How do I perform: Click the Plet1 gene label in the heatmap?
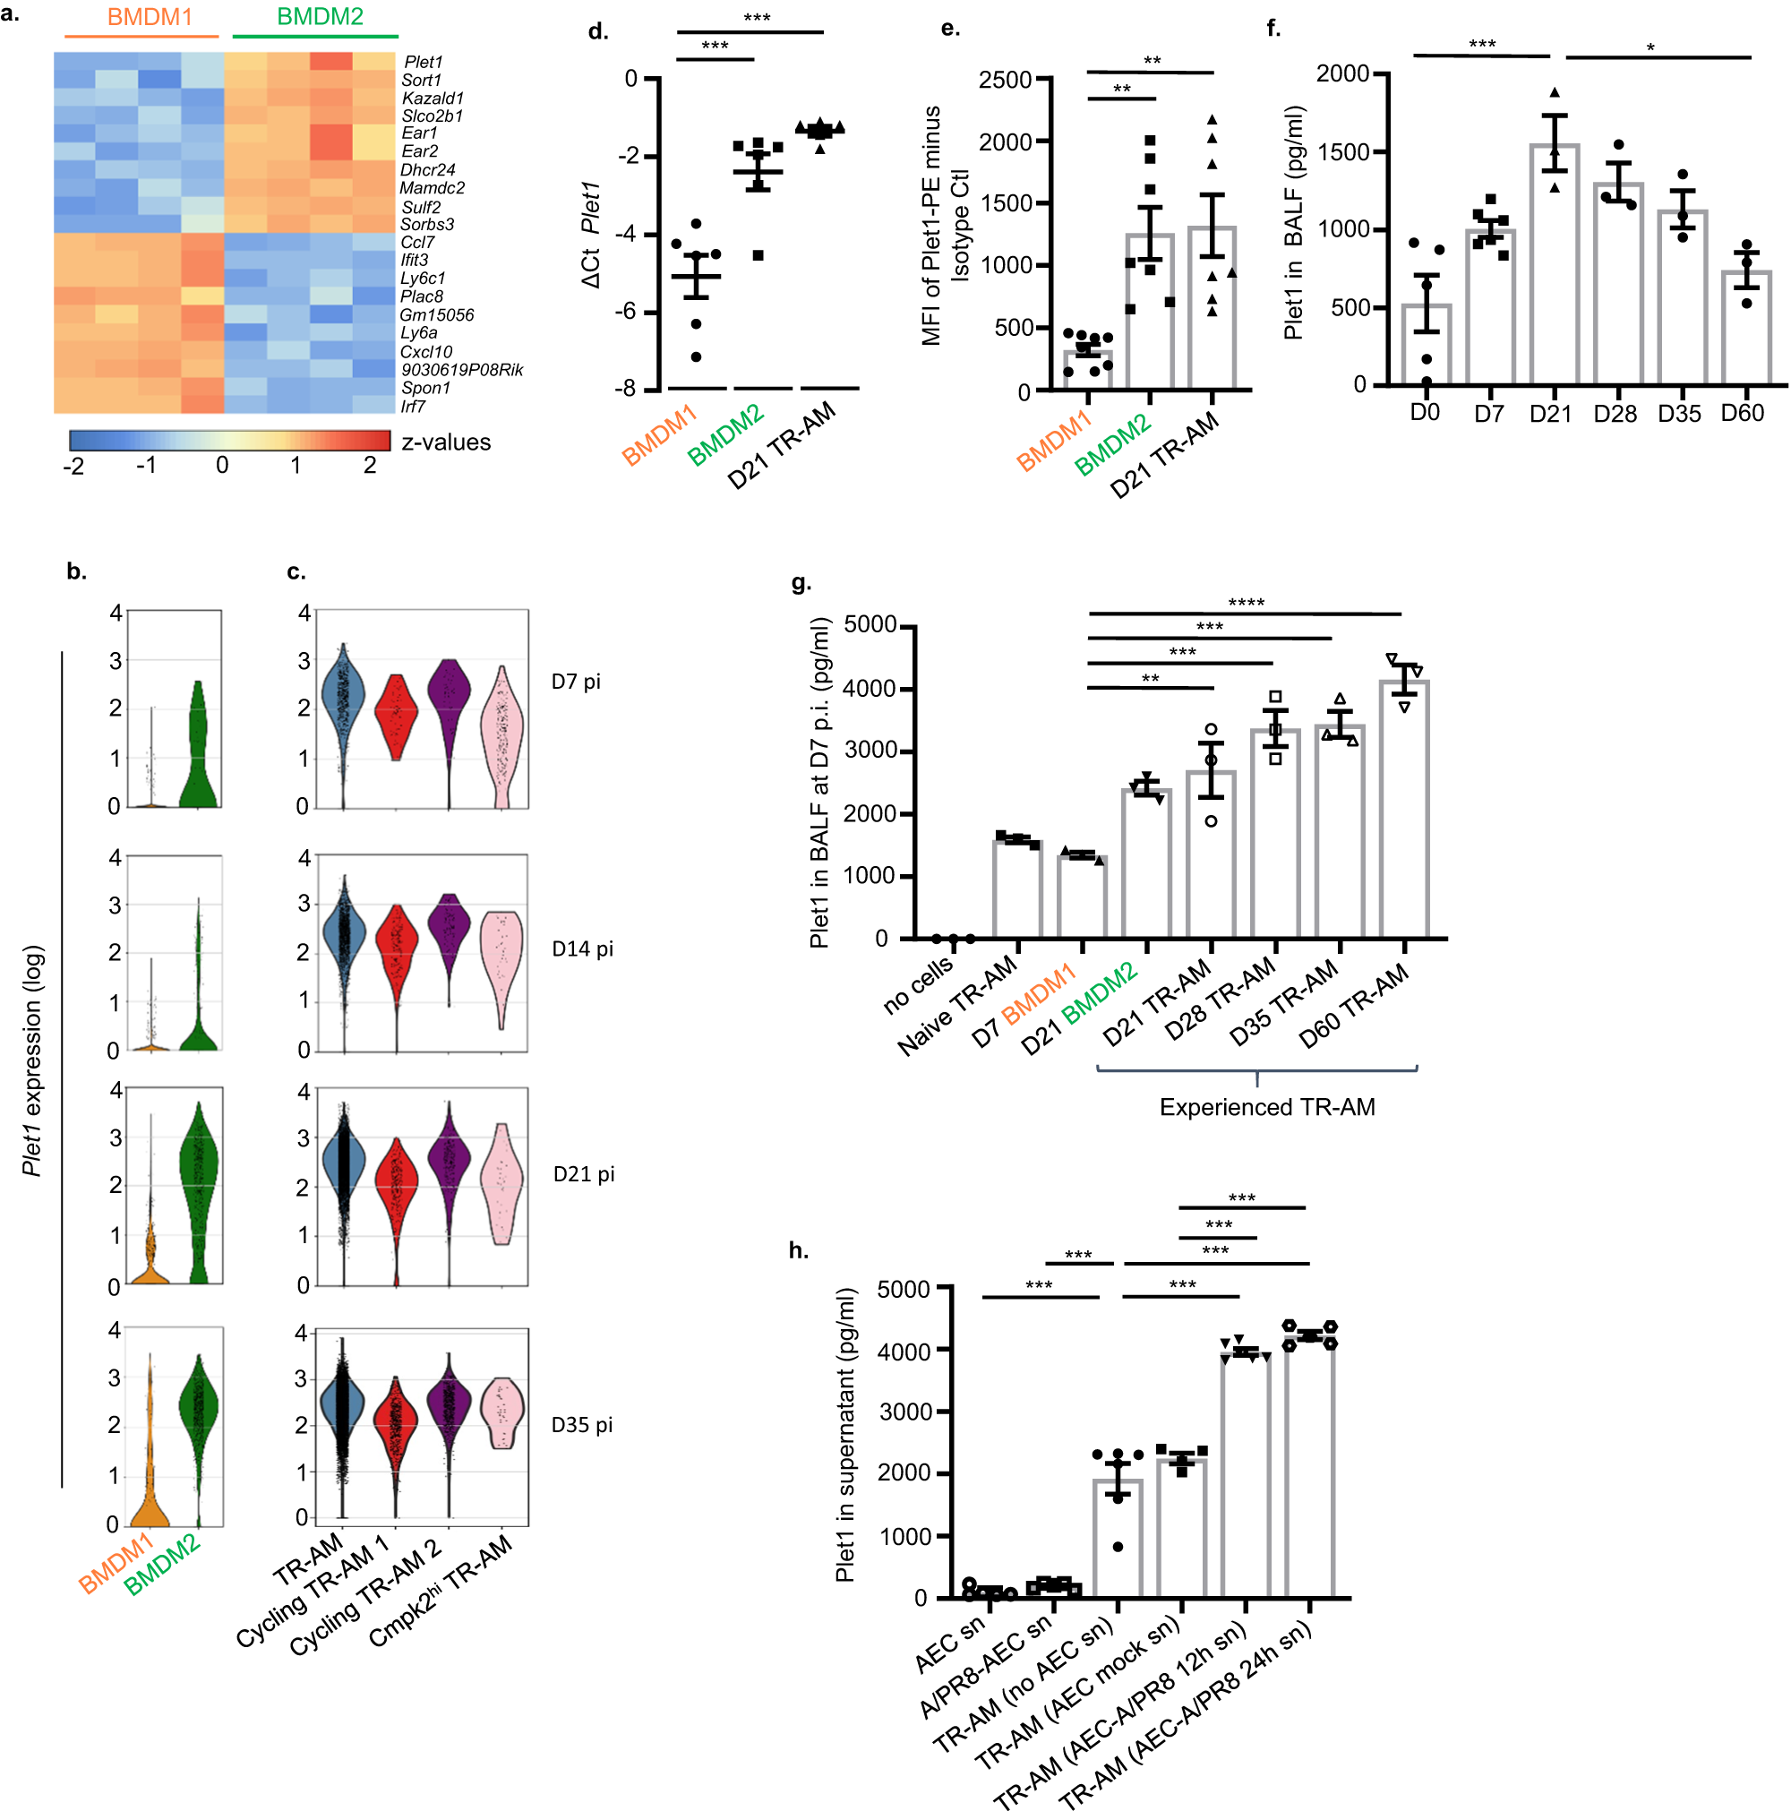(423, 62)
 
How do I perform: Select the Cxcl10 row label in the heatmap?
(425, 351)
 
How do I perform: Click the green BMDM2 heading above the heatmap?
(320, 17)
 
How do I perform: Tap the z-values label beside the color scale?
(445, 442)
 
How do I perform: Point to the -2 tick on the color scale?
(73, 466)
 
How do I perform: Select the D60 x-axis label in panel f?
(1742, 414)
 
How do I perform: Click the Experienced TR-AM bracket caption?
(1266, 1107)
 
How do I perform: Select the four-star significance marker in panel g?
(1246, 603)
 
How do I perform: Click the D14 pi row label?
(582, 948)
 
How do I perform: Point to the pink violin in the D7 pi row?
(503, 736)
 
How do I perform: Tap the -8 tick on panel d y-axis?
(624, 388)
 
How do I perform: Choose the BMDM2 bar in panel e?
(1149, 310)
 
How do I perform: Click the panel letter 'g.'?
(801, 583)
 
